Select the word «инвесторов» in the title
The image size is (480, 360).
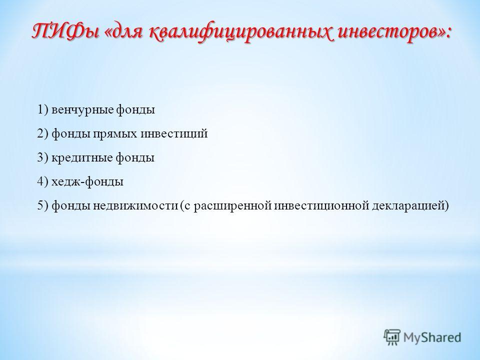[389, 32]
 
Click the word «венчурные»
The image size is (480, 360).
[82, 110]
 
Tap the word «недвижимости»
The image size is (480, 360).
[135, 205]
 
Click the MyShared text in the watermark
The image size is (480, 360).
[432, 337]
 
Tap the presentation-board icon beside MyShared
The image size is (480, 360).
[391, 337]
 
